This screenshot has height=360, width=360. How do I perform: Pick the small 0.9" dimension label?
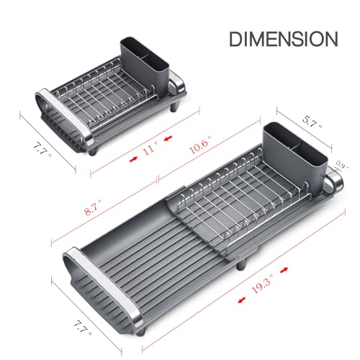point(342,165)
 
